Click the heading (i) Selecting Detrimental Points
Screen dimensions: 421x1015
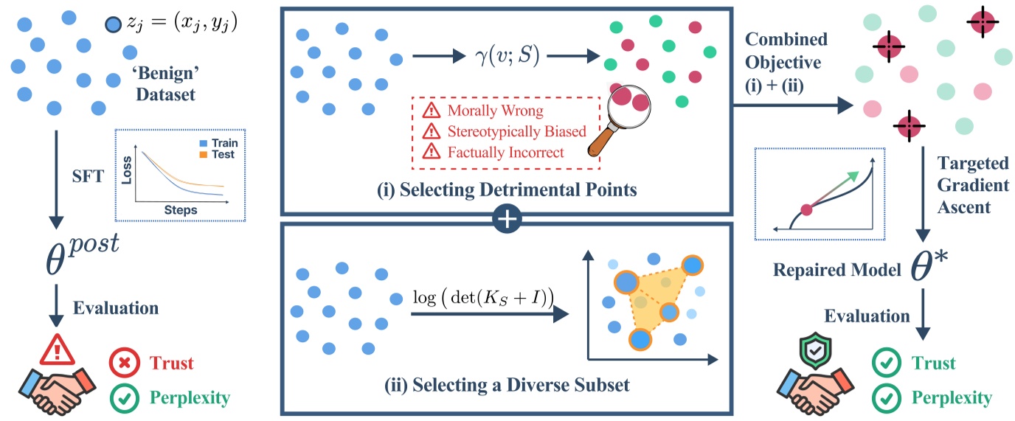coord(507,189)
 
